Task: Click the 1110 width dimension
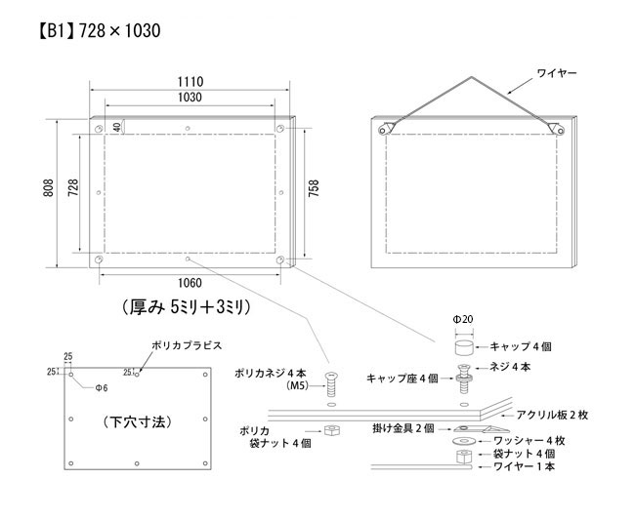click(190, 82)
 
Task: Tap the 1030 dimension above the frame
click(190, 98)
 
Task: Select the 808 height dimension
click(48, 188)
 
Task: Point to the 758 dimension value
click(314, 188)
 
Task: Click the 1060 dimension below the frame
click(190, 283)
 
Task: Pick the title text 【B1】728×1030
click(100, 31)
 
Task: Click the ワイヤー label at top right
click(557, 73)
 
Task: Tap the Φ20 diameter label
click(463, 320)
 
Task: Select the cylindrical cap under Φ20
click(464, 348)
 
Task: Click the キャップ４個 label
click(521, 346)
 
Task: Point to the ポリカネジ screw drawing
click(331, 384)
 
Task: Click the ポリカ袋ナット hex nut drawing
click(332, 430)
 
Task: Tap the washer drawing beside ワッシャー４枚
click(464, 440)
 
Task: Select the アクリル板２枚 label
click(552, 415)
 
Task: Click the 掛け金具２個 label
click(403, 428)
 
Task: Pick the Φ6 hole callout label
click(102, 388)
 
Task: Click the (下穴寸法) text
click(138, 422)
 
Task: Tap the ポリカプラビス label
click(187, 346)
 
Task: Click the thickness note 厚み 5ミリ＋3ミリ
click(187, 308)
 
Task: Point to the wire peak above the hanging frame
click(471, 77)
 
